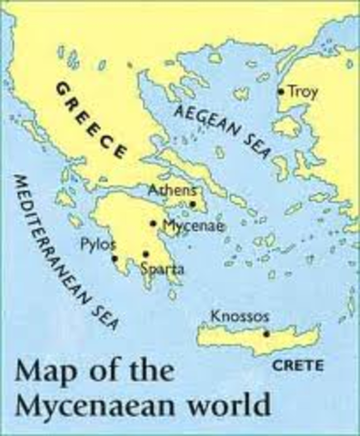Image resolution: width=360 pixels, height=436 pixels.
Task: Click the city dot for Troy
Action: click(281, 91)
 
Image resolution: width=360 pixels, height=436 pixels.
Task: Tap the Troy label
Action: click(301, 91)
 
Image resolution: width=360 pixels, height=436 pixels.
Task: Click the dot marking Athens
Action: click(193, 204)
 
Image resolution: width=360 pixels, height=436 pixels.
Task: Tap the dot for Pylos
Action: click(115, 258)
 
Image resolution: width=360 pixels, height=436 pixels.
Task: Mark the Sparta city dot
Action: click(145, 254)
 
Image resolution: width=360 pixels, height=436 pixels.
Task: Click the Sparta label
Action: click(159, 269)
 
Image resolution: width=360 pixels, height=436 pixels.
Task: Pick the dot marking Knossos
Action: click(265, 333)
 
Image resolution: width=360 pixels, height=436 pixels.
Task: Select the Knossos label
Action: click(239, 317)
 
